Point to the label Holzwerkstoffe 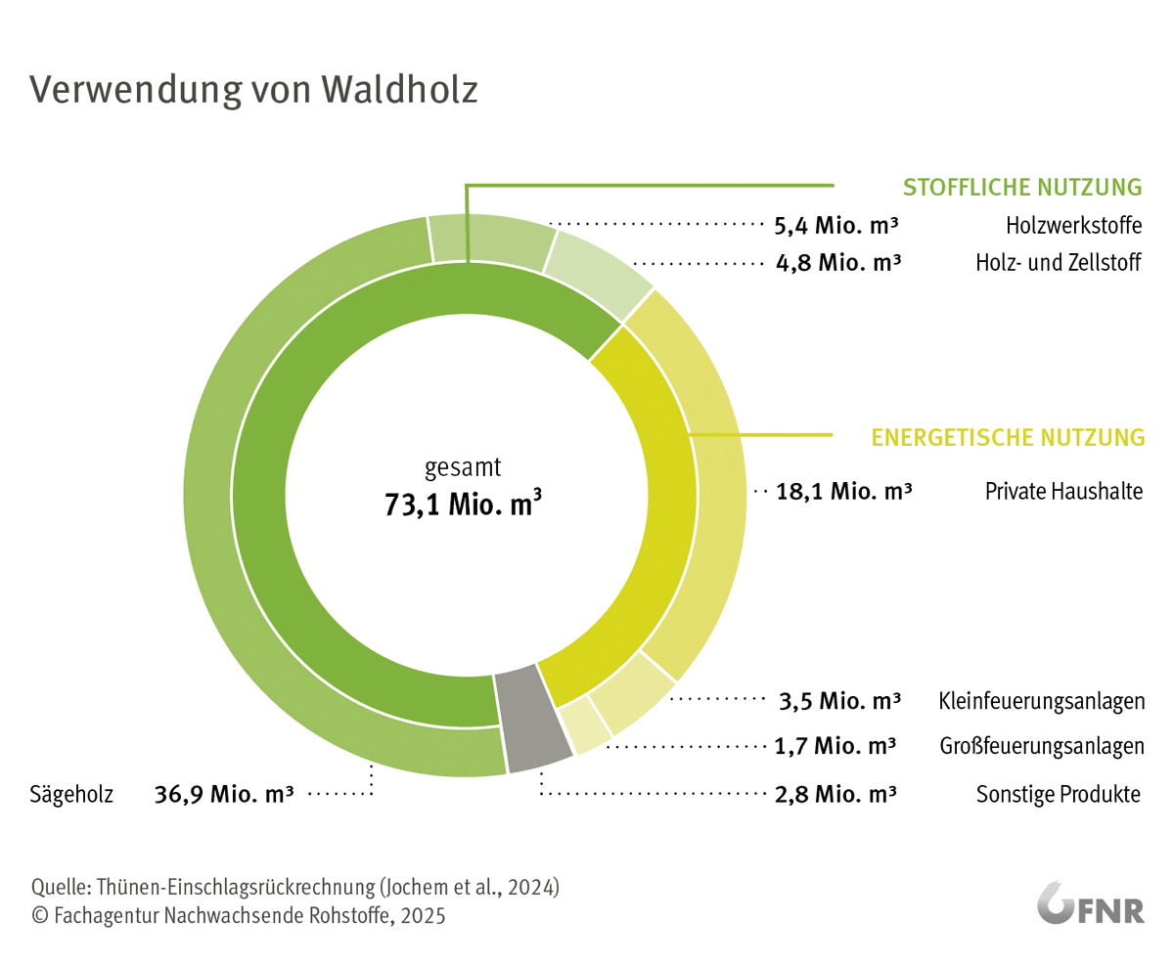coord(1073,227)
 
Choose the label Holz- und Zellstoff coord(1059,264)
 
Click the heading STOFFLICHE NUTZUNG coord(1022,187)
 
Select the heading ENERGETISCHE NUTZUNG coord(1008,436)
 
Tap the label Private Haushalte coord(1063,491)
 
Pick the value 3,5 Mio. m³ coord(839,701)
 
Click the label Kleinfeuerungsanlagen coord(1042,701)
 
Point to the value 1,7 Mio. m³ coord(835,747)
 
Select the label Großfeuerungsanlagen coord(1042,747)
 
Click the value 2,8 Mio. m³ coord(835,794)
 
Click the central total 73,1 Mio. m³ coord(463,507)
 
